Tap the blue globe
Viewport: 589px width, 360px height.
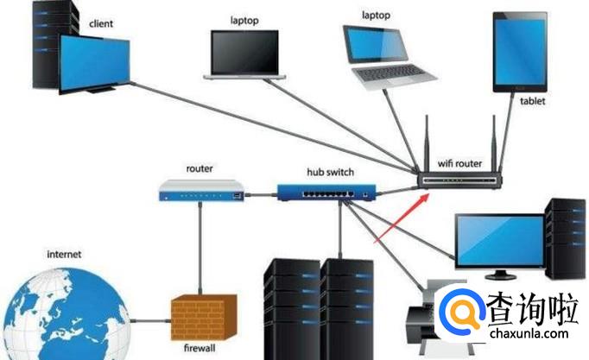click(x=60, y=314)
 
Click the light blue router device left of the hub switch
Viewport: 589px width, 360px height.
click(x=199, y=191)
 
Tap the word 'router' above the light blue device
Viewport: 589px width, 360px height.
click(x=199, y=169)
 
